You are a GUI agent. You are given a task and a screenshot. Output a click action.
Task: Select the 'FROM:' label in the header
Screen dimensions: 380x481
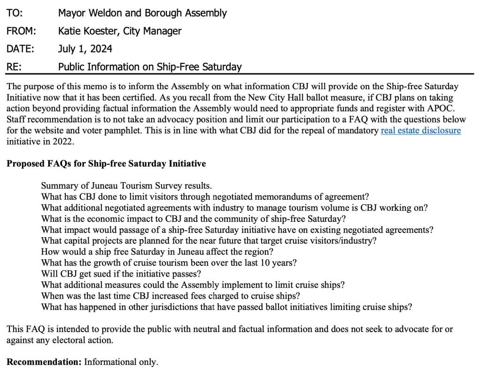[21, 31]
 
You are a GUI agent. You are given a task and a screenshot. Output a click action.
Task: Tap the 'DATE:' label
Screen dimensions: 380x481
[20, 48]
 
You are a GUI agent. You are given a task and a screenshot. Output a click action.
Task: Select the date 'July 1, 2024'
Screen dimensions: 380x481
[85, 48]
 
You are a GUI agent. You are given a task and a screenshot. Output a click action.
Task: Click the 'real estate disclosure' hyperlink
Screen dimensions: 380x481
[420, 130]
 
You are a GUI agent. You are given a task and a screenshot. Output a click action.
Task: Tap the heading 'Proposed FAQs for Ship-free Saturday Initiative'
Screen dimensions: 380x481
[106, 164]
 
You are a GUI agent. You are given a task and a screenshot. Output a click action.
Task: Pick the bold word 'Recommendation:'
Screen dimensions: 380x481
[44, 362]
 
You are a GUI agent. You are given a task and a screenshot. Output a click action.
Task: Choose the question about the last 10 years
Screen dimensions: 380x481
[169, 262]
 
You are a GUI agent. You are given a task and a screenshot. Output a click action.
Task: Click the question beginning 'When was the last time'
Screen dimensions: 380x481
[171, 296]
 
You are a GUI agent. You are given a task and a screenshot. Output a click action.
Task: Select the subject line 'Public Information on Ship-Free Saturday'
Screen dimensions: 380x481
[150, 66]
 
